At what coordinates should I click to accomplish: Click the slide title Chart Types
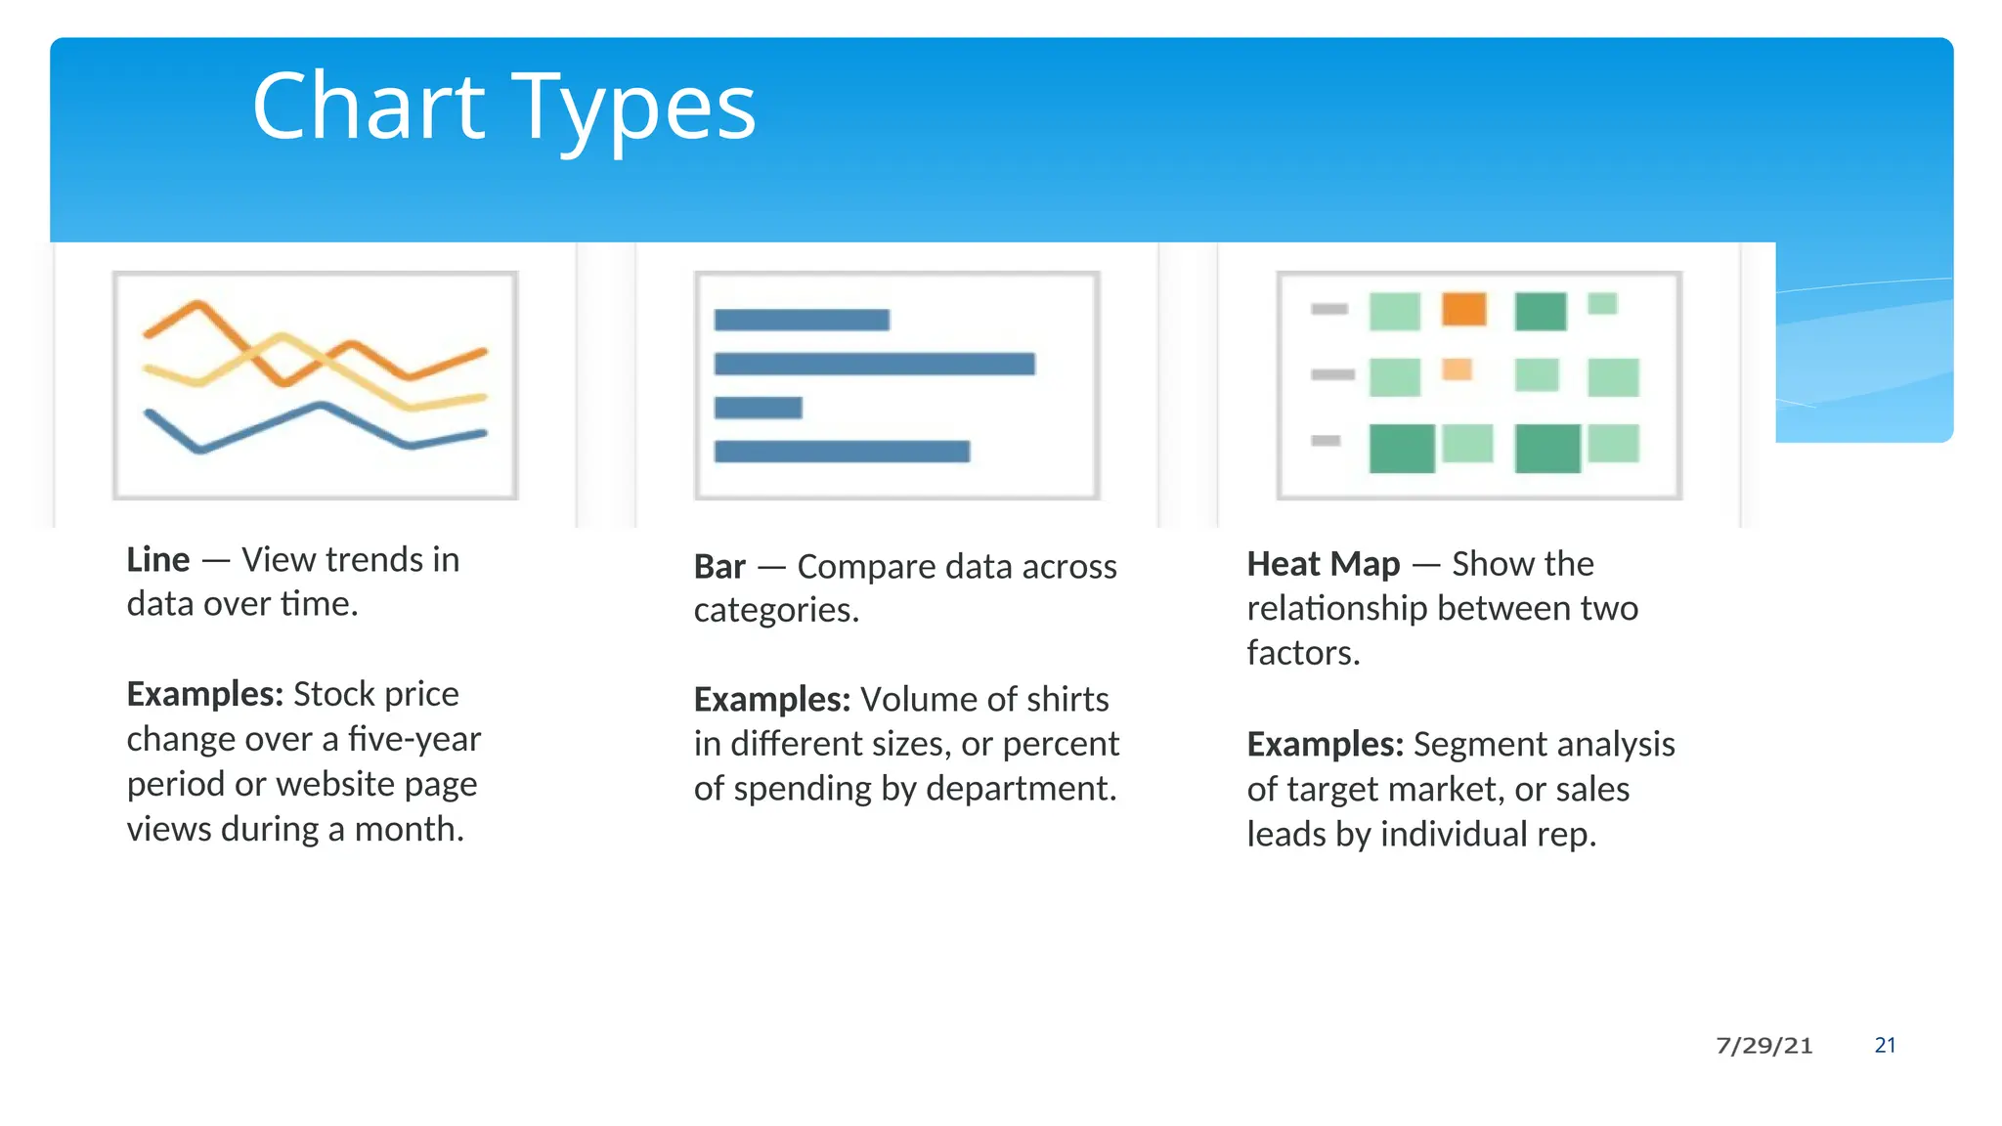pyautogui.click(x=503, y=108)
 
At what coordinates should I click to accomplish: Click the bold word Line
pyautogui.click(x=158, y=560)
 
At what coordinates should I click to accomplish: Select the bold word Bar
pyautogui.click(x=719, y=567)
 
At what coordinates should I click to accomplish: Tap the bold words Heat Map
pyautogui.click(x=1324, y=564)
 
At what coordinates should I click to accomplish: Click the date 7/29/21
pyautogui.click(x=1763, y=1046)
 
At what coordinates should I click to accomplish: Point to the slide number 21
pyautogui.click(x=1885, y=1045)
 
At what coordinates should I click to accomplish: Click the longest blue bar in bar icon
pyautogui.click(x=874, y=365)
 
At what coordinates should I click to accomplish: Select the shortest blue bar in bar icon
pyautogui.click(x=758, y=408)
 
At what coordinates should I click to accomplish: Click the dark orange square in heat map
pyautogui.click(x=1463, y=309)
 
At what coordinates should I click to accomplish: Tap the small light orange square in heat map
pyautogui.click(x=1457, y=369)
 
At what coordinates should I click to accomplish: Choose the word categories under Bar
pyautogui.click(x=774, y=611)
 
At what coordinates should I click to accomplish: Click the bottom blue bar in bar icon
pyautogui.click(x=842, y=452)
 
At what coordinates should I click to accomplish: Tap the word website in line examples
pyautogui.click(x=335, y=784)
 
